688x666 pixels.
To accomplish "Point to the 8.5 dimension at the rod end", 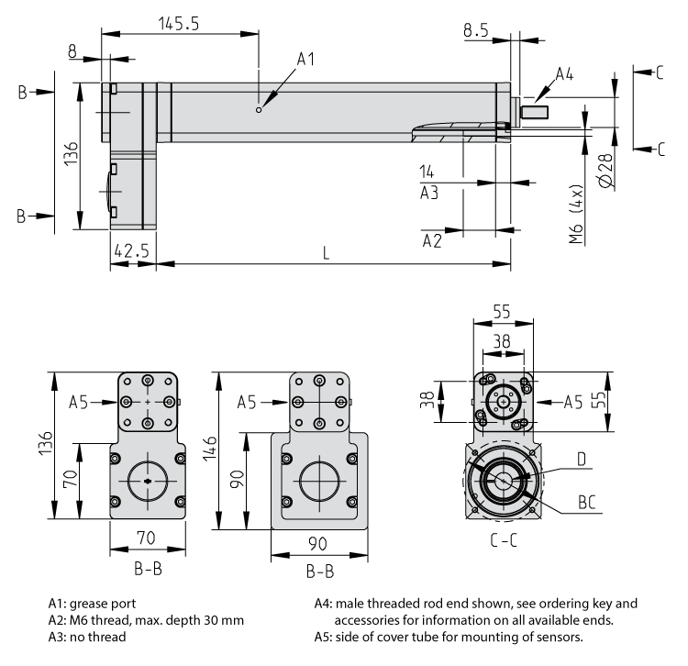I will (x=475, y=29).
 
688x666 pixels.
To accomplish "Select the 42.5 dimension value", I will (x=131, y=250).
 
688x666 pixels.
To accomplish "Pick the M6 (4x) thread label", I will (x=576, y=215).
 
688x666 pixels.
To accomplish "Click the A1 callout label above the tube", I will (x=305, y=60).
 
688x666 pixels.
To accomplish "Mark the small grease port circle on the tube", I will (x=260, y=110).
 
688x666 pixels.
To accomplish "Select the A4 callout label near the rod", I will (x=564, y=75).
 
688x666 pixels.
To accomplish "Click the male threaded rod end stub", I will (x=534, y=113).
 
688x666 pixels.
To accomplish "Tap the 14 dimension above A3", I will (x=427, y=172).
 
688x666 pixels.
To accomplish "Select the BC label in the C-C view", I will (x=587, y=501).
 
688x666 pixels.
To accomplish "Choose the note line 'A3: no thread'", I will (x=87, y=637).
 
